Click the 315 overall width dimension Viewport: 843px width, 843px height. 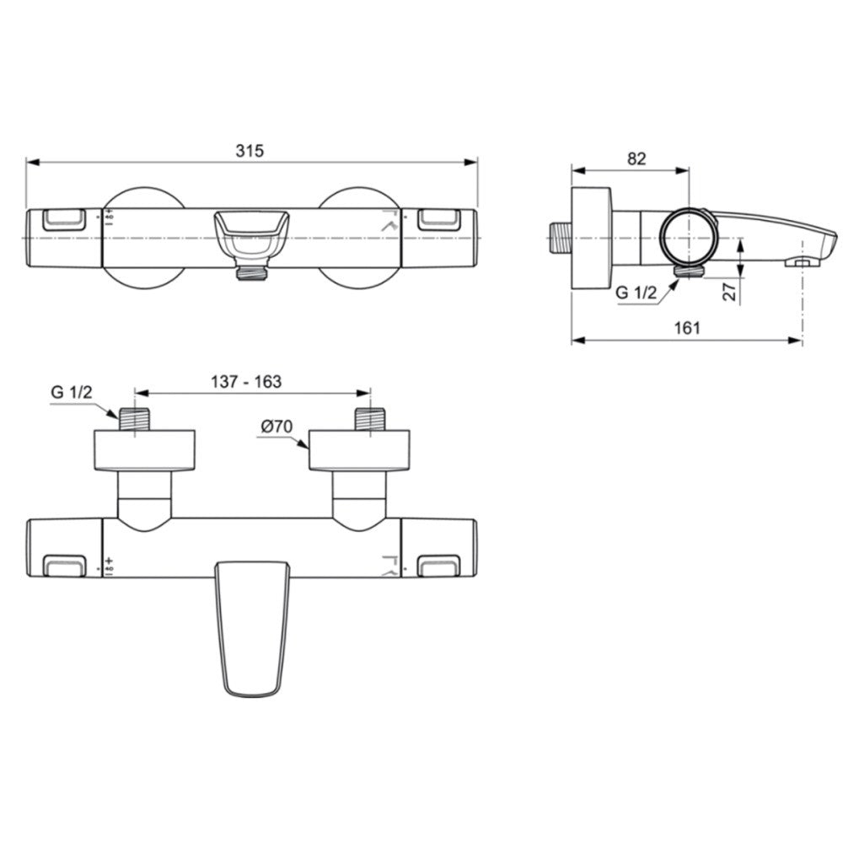[250, 151]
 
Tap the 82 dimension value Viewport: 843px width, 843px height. [636, 158]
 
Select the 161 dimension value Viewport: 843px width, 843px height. [687, 327]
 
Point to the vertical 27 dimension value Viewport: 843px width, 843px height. [729, 292]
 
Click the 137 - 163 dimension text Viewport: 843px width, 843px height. [245, 381]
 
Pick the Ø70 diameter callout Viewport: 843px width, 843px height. [277, 427]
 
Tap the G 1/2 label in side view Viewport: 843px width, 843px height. [636, 293]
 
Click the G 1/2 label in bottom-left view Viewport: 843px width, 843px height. [72, 392]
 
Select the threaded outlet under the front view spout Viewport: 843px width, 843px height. [251, 273]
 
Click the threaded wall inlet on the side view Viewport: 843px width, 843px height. [561, 238]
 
